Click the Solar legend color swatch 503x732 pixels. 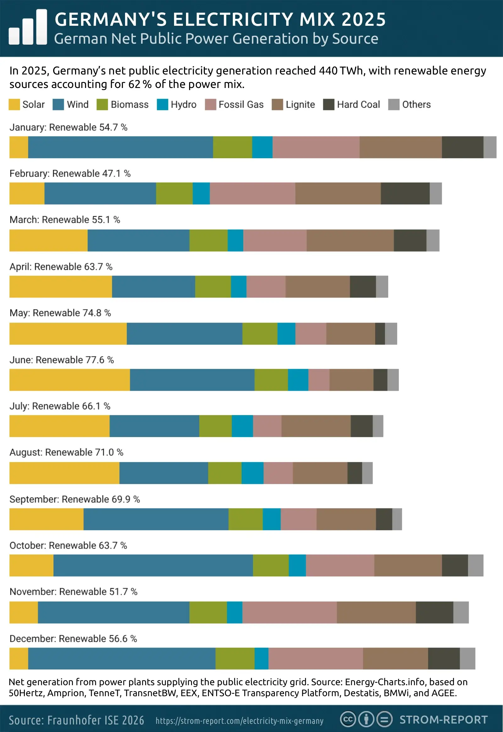pyautogui.click(x=14, y=105)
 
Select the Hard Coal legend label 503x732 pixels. pyautogui.click(x=358, y=105)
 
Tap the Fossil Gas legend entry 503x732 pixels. pyautogui.click(x=241, y=105)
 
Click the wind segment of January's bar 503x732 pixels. pyautogui.click(x=120, y=147)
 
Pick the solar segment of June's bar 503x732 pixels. pyautogui.click(x=69, y=380)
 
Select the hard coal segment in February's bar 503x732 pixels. pyautogui.click(x=405, y=194)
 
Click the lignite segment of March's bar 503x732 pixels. pyautogui.click(x=350, y=240)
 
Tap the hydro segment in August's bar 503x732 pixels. pyautogui.click(x=253, y=473)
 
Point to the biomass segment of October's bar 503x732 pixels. pyautogui.click(x=271, y=565)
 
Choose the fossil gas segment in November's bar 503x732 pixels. pyautogui.click(x=289, y=612)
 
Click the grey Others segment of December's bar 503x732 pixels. pyautogui.click(x=467, y=658)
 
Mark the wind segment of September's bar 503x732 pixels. pyautogui.click(x=156, y=519)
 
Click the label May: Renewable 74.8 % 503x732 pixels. pyautogui.click(x=60, y=313)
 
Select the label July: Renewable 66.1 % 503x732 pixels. pyautogui.click(x=60, y=406)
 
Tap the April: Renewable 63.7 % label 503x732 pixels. pyautogui.click(x=61, y=267)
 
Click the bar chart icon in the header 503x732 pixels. pyautogui.click(x=28, y=27)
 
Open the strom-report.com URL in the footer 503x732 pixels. pyautogui.click(x=239, y=721)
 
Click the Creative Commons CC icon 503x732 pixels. pyautogui.click(x=347, y=719)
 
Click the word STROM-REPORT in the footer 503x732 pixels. pyautogui.click(x=443, y=720)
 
